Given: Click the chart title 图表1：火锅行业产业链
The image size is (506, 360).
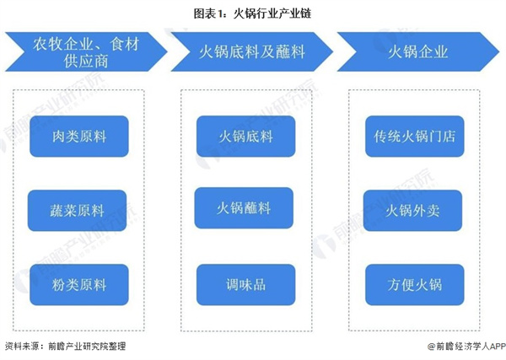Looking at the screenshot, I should pos(252,13).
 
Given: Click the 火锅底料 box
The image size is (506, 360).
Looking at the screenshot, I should pos(245,136).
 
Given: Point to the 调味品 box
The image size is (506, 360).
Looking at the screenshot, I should pos(245,284).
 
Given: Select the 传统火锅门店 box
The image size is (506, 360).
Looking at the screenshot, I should pos(414,136).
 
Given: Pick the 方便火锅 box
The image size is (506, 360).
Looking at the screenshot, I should pos(414,284).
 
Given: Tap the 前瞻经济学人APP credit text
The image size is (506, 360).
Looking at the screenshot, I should pos(466,347).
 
